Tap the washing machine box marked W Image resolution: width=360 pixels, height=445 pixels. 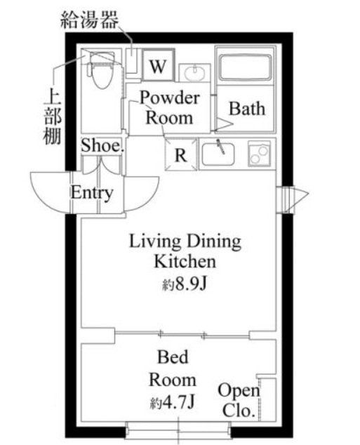158,67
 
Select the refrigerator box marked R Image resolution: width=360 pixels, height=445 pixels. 180,155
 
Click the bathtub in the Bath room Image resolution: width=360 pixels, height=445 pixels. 245,68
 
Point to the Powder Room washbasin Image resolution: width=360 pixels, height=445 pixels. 192,72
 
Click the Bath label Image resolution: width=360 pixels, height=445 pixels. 247,109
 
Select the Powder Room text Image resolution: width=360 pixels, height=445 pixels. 169,107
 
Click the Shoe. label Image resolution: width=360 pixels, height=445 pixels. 102,146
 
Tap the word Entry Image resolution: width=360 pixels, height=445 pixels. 92,192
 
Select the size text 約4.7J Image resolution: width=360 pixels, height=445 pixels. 172,404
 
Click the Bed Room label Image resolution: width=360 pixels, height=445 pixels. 172,369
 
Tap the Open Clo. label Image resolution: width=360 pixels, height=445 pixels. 238,401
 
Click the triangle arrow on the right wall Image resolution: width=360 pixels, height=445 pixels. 293,199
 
